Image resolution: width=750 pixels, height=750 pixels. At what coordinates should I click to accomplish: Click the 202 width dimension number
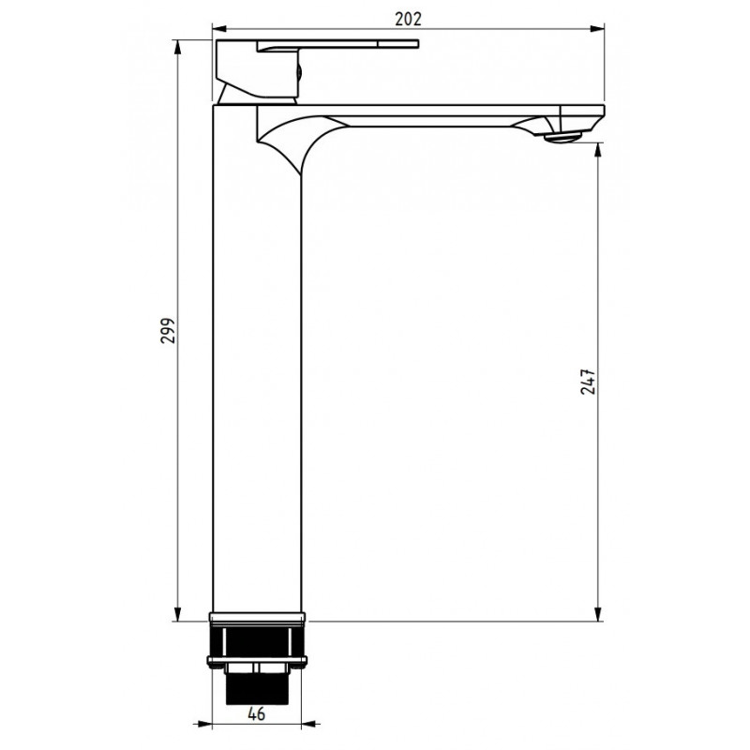point(408,18)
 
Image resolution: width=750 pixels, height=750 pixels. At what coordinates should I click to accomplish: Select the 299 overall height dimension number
point(168,330)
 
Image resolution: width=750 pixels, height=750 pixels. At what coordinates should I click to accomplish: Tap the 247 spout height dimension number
point(588,382)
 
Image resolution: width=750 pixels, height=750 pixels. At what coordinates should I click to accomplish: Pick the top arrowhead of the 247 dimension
point(597,148)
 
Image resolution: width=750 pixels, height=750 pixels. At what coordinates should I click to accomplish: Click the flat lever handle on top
point(337,46)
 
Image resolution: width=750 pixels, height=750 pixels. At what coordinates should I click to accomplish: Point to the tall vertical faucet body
point(258,375)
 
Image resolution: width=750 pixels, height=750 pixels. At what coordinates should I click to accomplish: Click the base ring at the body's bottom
point(258,618)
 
